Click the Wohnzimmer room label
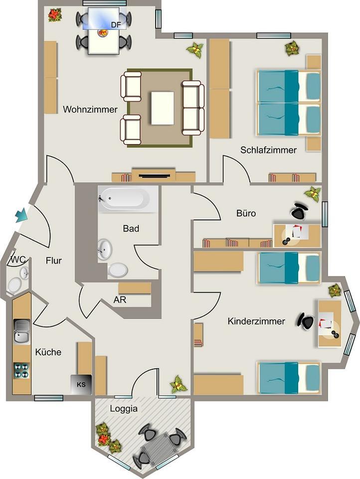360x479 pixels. pyautogui.click(x=90, y=109)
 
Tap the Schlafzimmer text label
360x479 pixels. pyautogui.click(x=268, y=150)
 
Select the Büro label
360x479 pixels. pyautogui.click(x=246, y=214)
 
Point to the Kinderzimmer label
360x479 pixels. pyautogui.click(x=256, y=321)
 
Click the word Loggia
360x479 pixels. pyautogui.click(x=124, y=409)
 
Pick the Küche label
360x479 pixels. pyautogui.click(x=48, y=352)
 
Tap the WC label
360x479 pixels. pyautogui.click(x=18, y=260)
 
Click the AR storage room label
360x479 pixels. pyautogui.click(x=119, y=300)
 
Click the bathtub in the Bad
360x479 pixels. pyautogui.click(x=124, y=199)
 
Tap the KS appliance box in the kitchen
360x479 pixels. pyautogui.click(x=81, y=384)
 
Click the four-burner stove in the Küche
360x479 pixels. pyautogui.click(x=21, y=370)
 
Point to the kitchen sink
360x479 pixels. pyautogui.click(x=21, y=332)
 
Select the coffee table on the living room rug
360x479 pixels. pyautogui.click(x=163, y=108)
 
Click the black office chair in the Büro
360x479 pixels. pyautogui.click(x=299, y=212)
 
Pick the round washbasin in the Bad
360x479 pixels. pyautogui.click(x=105, y=247)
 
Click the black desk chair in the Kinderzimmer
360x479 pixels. pyautogui.click(x=306, y=321)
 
